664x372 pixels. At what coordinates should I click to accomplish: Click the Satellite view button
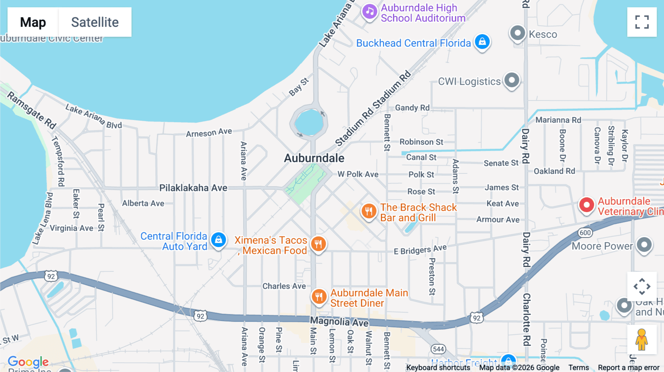click(95, 22)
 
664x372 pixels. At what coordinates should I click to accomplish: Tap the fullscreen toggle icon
click(642, 22)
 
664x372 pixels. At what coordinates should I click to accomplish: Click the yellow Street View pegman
click(641, 340)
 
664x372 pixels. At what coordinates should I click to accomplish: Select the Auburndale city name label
click(314, 158)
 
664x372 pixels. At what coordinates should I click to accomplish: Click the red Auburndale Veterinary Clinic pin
click(587, 205)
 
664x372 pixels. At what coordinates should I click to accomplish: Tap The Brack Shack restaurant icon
click(369, 211)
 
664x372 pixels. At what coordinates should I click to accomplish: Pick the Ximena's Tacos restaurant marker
click(318, 244)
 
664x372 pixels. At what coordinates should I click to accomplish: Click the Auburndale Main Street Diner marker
click(319, 296)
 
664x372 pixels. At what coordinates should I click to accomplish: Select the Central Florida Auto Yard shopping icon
click(218, 240)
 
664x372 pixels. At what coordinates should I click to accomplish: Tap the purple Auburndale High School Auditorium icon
click(370, 12)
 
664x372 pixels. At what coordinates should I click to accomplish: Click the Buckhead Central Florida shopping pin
click(482, 42)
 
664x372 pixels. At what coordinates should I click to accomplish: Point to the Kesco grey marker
click(518, 33)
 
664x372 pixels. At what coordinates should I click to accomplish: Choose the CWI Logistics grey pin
click(512, 80)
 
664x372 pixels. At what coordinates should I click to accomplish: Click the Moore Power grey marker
click(644, 245)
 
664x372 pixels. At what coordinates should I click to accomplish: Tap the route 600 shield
click(585, 233)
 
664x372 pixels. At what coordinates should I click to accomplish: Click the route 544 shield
click(438, 349)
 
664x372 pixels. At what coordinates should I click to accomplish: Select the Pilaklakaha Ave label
click(193, 188)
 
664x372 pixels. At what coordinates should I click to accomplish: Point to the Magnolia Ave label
click(339, 322)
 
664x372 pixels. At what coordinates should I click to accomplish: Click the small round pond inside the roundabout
click(309, 123)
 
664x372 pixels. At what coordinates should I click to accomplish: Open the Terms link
click(578, 368)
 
